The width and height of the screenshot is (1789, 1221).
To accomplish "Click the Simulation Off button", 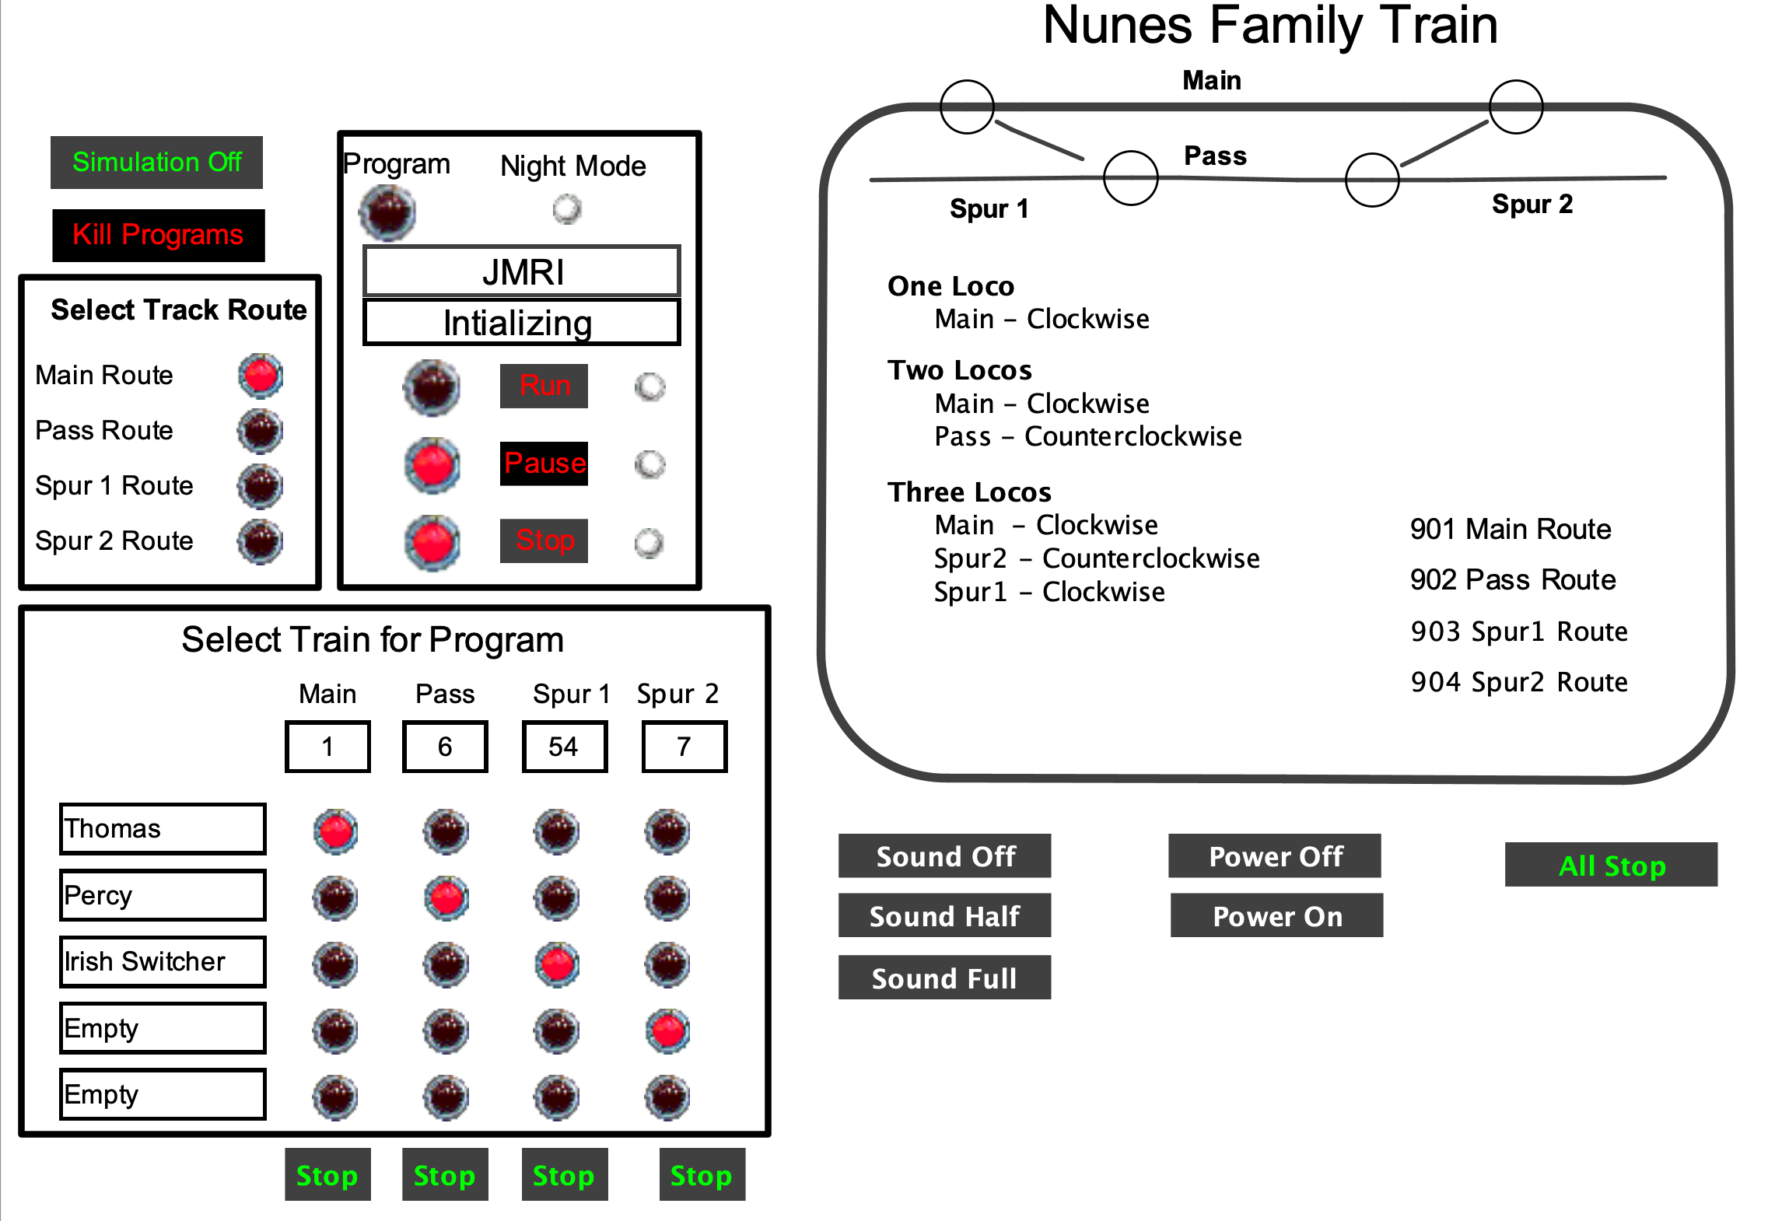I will [156, 163].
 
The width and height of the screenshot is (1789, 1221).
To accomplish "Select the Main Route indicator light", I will [261, 376].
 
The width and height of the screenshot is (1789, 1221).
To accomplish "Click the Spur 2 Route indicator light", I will [261, 541].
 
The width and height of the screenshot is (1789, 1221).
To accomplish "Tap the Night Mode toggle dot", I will [567, 208].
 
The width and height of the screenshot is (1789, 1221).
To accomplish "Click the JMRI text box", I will [522, 271].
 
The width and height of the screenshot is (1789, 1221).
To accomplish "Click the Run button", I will [544, 386].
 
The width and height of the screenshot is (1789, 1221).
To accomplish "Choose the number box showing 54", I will [564, 747].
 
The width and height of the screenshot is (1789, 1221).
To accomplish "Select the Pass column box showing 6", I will [445, 747].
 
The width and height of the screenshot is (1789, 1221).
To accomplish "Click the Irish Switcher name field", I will [163, 962].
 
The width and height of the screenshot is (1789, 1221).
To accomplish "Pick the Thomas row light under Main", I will [336, 831].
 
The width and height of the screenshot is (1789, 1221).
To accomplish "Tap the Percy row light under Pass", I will [446, 898].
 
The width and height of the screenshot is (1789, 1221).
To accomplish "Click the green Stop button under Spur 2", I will [702, 1175].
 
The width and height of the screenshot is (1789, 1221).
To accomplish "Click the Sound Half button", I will [944, 916].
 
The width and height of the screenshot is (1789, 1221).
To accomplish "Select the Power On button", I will [1276, 916].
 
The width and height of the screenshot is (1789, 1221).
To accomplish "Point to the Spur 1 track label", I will [989, 208].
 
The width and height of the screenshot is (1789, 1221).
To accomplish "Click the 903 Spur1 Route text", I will [1518, 631].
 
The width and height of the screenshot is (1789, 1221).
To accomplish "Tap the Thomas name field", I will [163, 829].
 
